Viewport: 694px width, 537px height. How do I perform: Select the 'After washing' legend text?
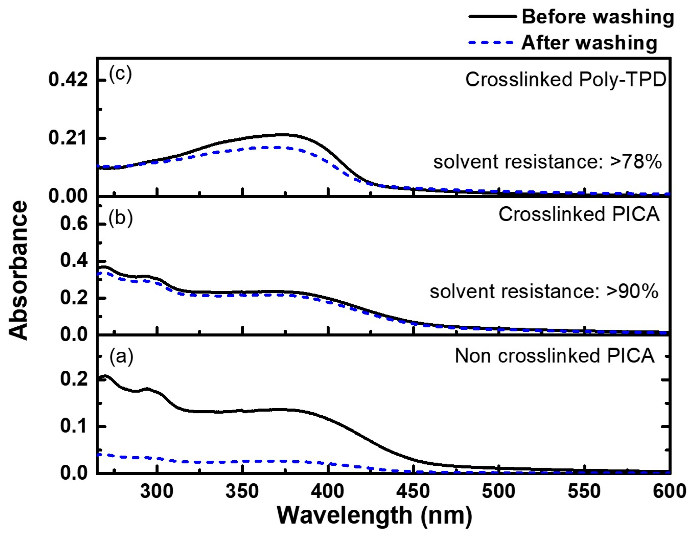(x=589, y=42)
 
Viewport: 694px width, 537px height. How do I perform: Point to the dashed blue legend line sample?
(x=491, y=42)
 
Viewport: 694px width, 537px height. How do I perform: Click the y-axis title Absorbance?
(x=18, y=270)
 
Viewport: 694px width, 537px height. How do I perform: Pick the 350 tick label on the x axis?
(x=242, y=491)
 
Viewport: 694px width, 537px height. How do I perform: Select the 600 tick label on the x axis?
(x=669, y=491)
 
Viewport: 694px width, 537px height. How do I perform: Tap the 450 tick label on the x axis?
(x=413, y=491)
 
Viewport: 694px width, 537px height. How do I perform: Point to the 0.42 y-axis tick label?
(x=68, y=80)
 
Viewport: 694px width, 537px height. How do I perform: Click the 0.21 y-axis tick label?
(x=68, y=138)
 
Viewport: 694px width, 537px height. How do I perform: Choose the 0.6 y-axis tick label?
(x=74, y=224)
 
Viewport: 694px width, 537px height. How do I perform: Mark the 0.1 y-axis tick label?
(x=74, y=426)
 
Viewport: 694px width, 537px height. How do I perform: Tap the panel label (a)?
(x=121, y=357)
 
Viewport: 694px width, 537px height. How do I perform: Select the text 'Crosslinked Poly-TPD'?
(x=566, y=80)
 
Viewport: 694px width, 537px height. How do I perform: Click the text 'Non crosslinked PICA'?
(x=555, y=356)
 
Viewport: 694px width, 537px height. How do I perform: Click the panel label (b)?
(x=120, y=218)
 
